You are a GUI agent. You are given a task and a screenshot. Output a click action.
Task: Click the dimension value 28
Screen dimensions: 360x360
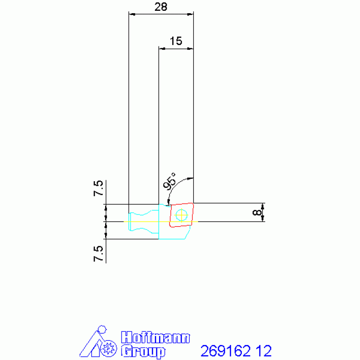pyautogui.click(x=161, y=7)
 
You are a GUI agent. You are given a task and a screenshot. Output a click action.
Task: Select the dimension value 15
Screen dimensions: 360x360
pyautogui.click(x=176, y=41)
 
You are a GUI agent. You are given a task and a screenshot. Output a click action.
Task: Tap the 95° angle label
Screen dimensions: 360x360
pyautogui.click(x=169, y=181)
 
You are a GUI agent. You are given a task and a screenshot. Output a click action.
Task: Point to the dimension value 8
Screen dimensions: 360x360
pyautogui.click(x=257, y=212)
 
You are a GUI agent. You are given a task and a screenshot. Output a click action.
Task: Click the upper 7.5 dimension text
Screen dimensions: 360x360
pyautogui.click(x=98, y=188)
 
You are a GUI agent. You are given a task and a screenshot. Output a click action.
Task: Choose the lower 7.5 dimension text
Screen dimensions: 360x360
pyautogui.click(x=98, y=254)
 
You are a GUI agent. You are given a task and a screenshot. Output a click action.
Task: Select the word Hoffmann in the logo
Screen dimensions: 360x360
pyautogui.click(x=155, y=337)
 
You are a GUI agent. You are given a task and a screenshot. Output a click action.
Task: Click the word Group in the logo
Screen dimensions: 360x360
pyautogui.click(x=143, y=351)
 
